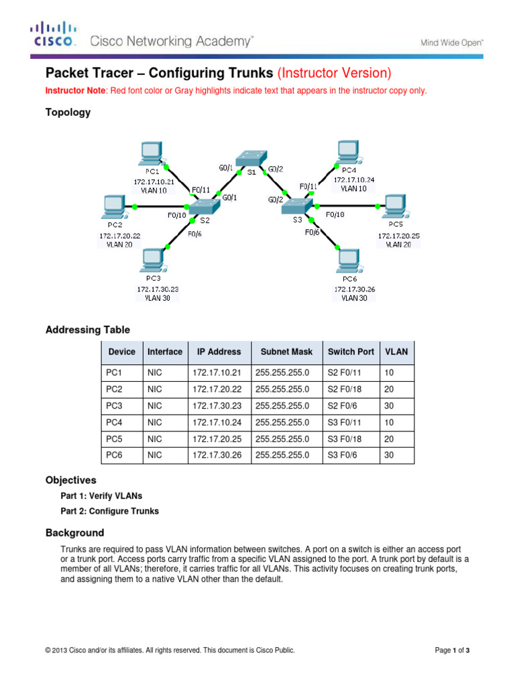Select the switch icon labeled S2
coord(203,207)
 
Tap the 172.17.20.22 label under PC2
coord(121,236)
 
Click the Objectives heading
coord(70,480)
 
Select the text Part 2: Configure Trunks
coord(109,510)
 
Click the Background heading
coord(74,533)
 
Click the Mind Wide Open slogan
coord(452,42)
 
